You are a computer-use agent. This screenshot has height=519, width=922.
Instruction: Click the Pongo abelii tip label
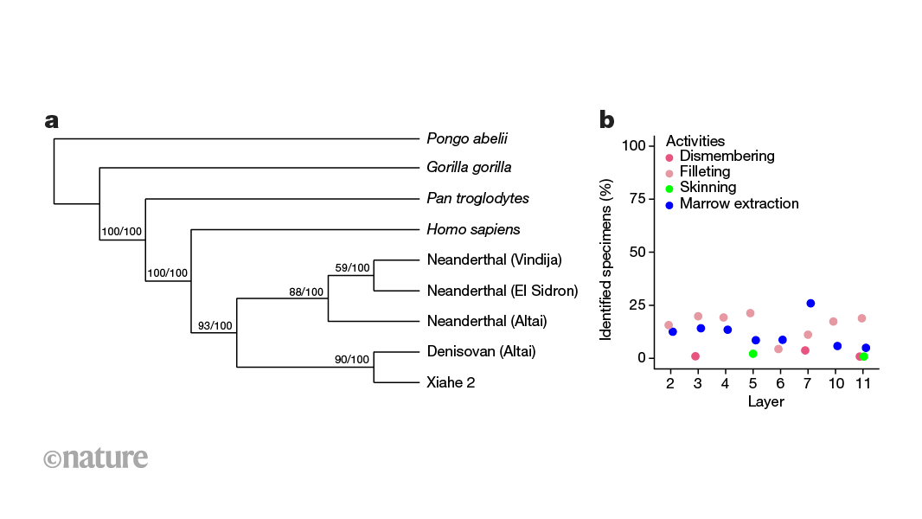467,138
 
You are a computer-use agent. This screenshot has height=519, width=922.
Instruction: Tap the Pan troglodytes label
477,199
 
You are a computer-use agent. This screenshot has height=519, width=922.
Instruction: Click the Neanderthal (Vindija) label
494,259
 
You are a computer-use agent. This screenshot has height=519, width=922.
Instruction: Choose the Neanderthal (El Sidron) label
502,291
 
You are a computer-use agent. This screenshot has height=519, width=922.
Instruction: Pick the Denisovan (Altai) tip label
481,351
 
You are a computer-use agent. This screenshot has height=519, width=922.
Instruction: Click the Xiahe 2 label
451,382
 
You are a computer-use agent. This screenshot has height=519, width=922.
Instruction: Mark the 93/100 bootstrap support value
215,326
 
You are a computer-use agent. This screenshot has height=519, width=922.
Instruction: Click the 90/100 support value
352,360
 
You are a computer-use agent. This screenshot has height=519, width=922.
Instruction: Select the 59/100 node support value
352,268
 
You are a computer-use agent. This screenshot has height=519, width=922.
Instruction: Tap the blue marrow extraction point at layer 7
810,304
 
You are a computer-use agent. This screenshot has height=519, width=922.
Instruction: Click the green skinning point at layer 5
753,354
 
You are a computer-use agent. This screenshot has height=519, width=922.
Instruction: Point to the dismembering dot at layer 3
695,356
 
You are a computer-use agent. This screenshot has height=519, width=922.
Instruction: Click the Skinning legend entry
708,188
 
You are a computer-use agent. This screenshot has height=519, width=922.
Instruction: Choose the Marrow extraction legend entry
739,204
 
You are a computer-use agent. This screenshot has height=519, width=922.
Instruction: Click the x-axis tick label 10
835,383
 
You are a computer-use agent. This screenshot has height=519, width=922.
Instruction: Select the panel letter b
607,119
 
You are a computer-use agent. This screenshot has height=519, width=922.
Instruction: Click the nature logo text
95,458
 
